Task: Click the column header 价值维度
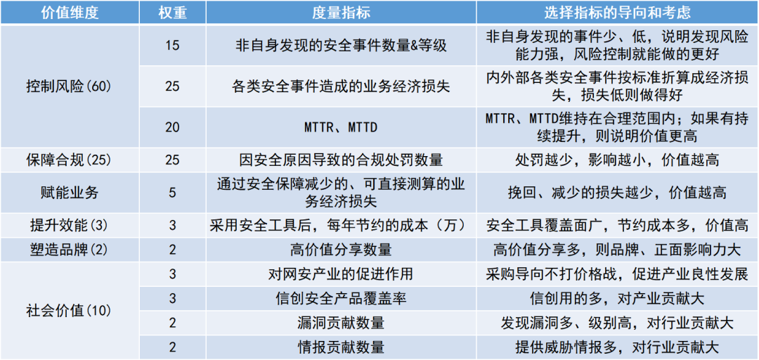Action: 69,13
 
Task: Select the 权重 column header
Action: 172,13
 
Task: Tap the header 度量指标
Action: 341,13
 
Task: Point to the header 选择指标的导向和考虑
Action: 617,13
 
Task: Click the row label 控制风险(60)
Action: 69,86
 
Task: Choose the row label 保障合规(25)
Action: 69,160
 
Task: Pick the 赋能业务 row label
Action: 69,193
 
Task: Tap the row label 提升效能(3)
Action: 69,225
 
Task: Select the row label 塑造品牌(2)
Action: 69,250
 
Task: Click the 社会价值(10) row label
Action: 69,311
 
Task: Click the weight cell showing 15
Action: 172,46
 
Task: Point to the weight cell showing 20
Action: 172,127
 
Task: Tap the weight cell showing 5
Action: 172,193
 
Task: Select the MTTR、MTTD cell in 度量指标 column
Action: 341,127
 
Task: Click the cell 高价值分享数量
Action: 341,250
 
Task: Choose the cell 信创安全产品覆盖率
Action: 341,298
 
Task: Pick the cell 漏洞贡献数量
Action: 341,323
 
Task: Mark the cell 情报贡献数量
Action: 341,347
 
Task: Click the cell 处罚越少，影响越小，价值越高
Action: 617,160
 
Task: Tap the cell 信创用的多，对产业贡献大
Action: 617,298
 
